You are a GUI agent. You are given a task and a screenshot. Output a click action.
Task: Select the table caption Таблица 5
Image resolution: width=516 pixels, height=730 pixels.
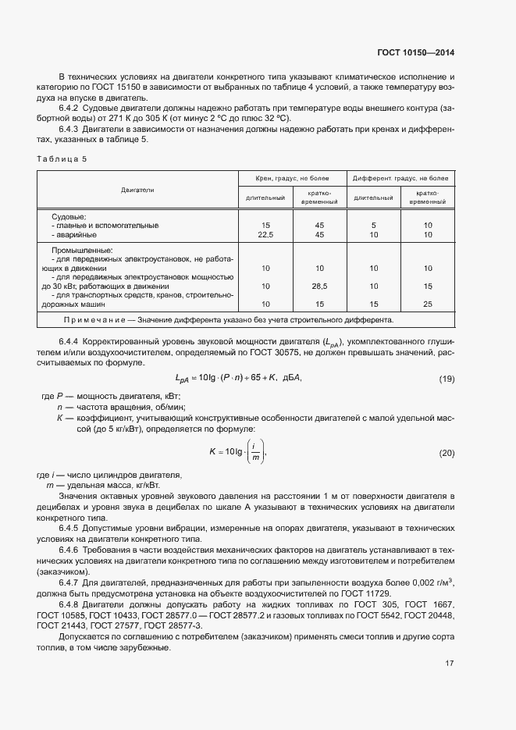point(62,158)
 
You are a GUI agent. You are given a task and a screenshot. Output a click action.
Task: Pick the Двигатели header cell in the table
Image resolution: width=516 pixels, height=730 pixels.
point(137,190)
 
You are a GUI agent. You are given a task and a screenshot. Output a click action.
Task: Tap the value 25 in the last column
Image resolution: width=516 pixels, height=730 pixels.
point(427,304)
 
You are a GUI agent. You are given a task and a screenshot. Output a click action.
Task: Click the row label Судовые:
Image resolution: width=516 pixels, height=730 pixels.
point(69,216)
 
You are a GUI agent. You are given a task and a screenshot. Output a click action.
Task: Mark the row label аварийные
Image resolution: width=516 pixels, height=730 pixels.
point(77,234)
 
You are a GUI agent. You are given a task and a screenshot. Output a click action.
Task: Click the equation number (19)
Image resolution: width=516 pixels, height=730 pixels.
point(446,379)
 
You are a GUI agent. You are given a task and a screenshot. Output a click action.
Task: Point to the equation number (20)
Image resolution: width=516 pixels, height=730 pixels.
point(446,454)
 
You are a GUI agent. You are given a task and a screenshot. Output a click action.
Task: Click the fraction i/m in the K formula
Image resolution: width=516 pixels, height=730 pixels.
point(254,454)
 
